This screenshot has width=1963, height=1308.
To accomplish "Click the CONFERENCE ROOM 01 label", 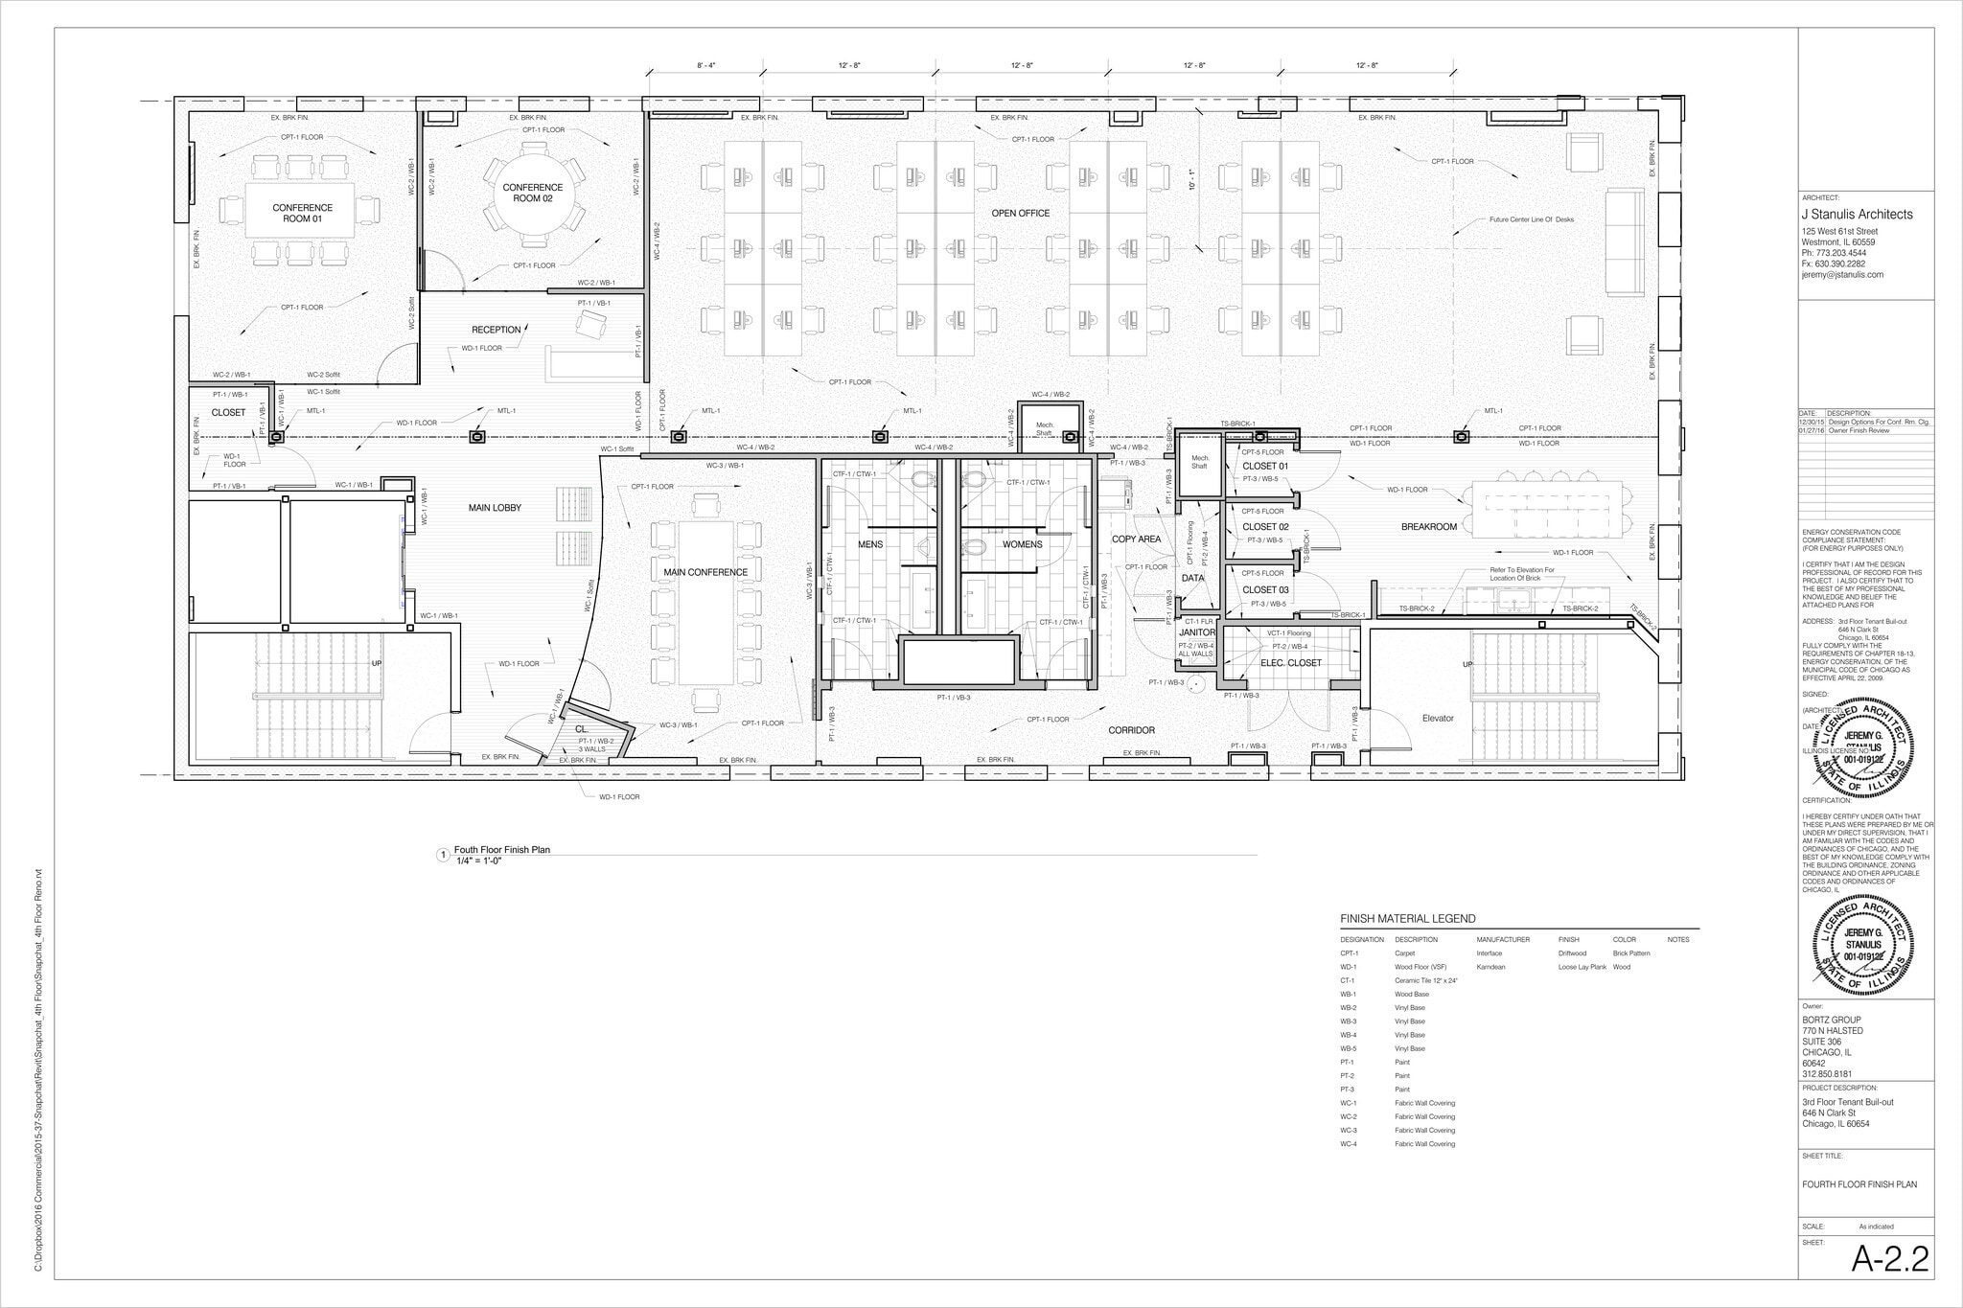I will click(x=302, y=213).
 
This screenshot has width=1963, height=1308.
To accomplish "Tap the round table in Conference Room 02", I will click(x=533, y=194).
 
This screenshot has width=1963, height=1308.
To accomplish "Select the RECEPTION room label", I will click(x=496, y=330).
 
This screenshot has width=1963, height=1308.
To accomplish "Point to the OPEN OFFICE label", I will click(x=1020, y=213).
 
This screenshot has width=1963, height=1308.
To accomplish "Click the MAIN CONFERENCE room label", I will click(x=705, y=572).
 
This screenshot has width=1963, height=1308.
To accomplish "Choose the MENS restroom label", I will click(x=870, y=544).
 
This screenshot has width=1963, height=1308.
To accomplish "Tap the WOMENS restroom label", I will click(x=1022, y=544).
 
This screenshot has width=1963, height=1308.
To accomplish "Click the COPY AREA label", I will click(x=1136, y=539).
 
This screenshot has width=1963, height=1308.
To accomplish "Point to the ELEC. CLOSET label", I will click(x=1290, y=663).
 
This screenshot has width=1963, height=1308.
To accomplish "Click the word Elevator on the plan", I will click(x=1438, y=718).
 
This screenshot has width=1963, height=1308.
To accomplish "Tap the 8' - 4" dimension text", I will click(x=705, y=65).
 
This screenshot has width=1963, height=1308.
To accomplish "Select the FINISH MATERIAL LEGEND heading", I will click(x=1407, y=919).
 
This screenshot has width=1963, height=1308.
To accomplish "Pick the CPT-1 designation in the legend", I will click(x=1349, y=953).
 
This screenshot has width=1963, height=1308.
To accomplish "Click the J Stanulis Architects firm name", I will click(x=1857, y=215).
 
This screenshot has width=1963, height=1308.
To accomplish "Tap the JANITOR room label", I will click(x=1197, y=632).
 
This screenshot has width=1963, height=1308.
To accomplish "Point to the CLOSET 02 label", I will click(x=1265, y=527).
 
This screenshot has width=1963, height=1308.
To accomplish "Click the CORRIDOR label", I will click(x=1131, y=730).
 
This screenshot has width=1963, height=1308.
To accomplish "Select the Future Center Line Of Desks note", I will click(x=1531, y=219).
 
